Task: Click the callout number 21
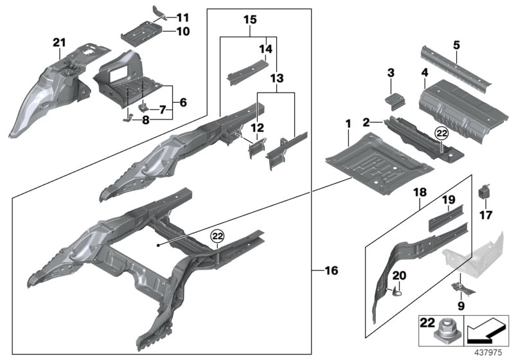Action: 59,42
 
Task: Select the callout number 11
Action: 183,17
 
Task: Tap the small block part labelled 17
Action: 484,192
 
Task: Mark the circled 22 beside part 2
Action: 441,134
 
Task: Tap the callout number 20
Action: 400,275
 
